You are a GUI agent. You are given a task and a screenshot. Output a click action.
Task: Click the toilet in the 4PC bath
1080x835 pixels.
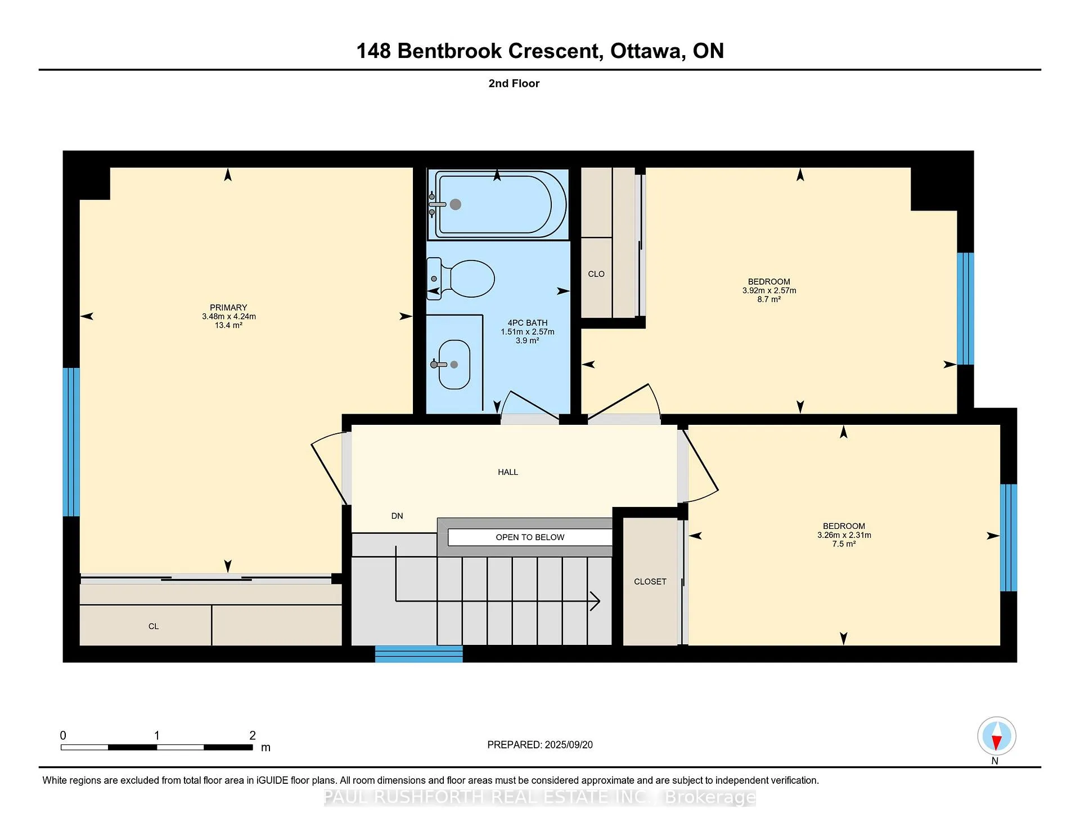click(461, 278)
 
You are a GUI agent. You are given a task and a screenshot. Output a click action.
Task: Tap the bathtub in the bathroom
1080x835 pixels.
click(497, 204)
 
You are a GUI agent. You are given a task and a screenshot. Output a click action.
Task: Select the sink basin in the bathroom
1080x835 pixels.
click(454, 365)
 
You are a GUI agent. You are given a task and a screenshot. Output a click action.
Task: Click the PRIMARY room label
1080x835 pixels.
click(228, 308)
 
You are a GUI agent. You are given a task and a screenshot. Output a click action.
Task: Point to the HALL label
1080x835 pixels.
click(508, 472)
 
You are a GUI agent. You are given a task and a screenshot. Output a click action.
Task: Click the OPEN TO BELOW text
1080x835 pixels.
click(530, 537)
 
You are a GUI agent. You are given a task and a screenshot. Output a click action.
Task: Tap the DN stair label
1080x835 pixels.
click(397, 516)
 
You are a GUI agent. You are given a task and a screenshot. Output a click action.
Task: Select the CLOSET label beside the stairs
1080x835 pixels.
click(650, 582)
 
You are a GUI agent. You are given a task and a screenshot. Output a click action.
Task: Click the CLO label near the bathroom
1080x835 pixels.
click(596, 274)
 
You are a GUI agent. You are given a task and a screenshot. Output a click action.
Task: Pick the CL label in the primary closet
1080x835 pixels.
click(154, 626)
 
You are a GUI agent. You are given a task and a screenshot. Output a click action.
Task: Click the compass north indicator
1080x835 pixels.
click(997, 736)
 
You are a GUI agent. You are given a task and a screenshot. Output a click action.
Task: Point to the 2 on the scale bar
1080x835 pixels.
click(253, 735)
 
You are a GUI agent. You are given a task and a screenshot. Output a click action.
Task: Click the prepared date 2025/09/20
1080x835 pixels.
click(569, 744)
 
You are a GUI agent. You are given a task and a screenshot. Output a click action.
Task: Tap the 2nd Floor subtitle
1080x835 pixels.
click(514, 83)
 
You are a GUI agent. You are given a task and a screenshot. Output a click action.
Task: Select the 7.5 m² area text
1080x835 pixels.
click(844, 544)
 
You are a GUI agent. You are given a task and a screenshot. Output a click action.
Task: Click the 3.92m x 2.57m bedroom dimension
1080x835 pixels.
click(769, 290)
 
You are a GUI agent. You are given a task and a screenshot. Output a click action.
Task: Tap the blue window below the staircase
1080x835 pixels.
click(419, 654)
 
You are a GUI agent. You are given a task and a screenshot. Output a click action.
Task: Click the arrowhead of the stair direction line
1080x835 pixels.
click(595, 601)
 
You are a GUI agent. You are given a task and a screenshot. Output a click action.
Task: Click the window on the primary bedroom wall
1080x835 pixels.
click(71, 442)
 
